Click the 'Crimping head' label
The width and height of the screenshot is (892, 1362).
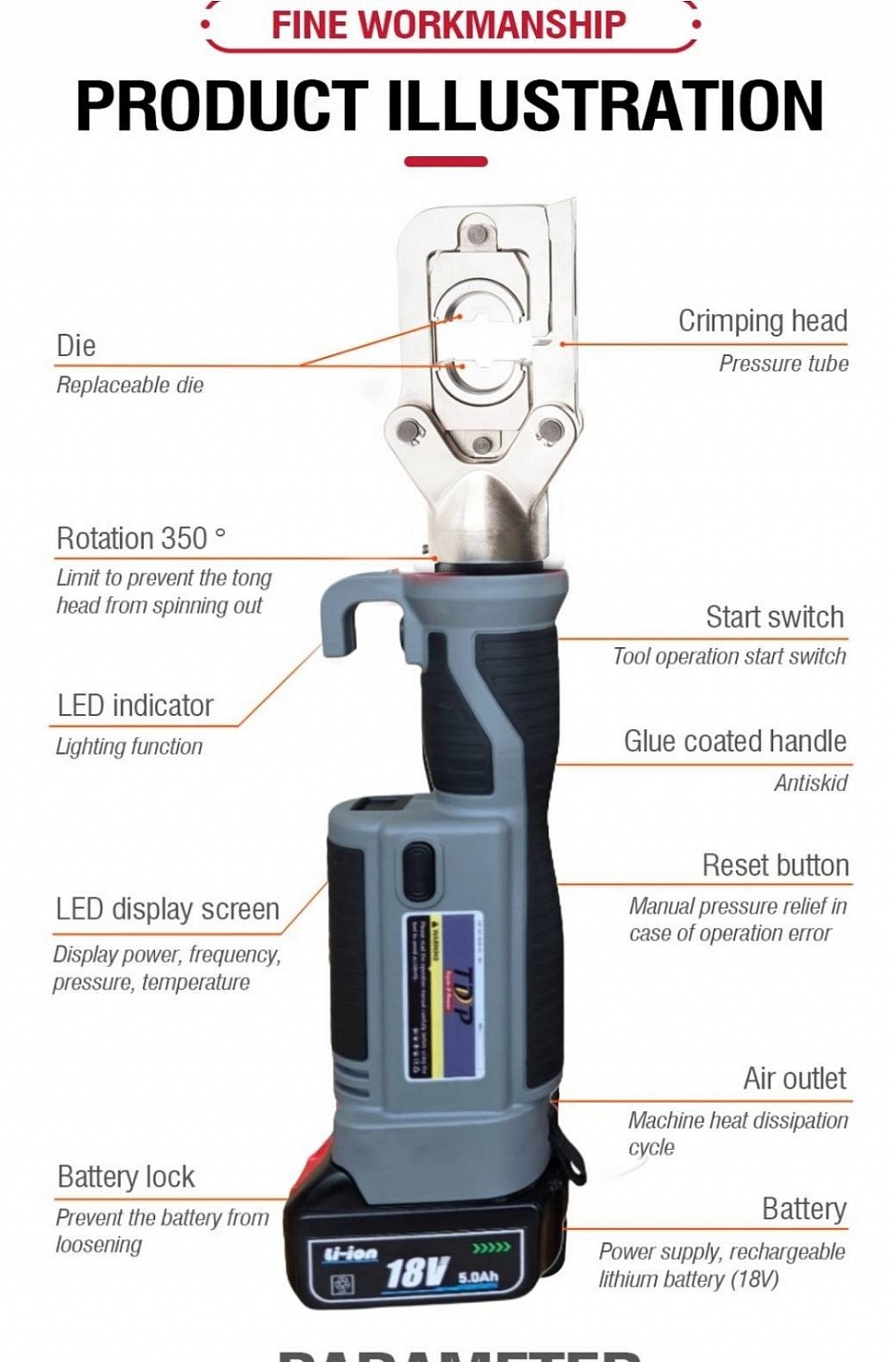[762, 321]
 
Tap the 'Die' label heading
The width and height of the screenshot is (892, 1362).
[76, 346]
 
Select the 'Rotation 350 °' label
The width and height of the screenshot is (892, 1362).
[140, 538]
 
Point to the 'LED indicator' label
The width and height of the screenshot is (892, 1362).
[135, 706]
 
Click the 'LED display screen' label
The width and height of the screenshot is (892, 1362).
[167, 909]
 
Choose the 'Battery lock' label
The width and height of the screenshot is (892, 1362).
[125, 1177]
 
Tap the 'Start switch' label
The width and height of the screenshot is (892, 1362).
[774, 617]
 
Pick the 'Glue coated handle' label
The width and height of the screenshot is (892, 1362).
[734, 742]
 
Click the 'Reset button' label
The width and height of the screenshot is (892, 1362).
[775, 866]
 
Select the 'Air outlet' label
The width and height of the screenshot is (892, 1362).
[794, 1078]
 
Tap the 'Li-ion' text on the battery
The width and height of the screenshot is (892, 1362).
[350, 1252]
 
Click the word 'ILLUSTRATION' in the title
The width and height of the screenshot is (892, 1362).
[604, 105]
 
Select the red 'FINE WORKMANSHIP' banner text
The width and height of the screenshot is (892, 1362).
[449, 25]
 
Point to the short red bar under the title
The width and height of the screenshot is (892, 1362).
[446, 162]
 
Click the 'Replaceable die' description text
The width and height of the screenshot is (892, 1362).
[130, 385]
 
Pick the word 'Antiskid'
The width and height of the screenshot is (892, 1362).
[810, 783]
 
